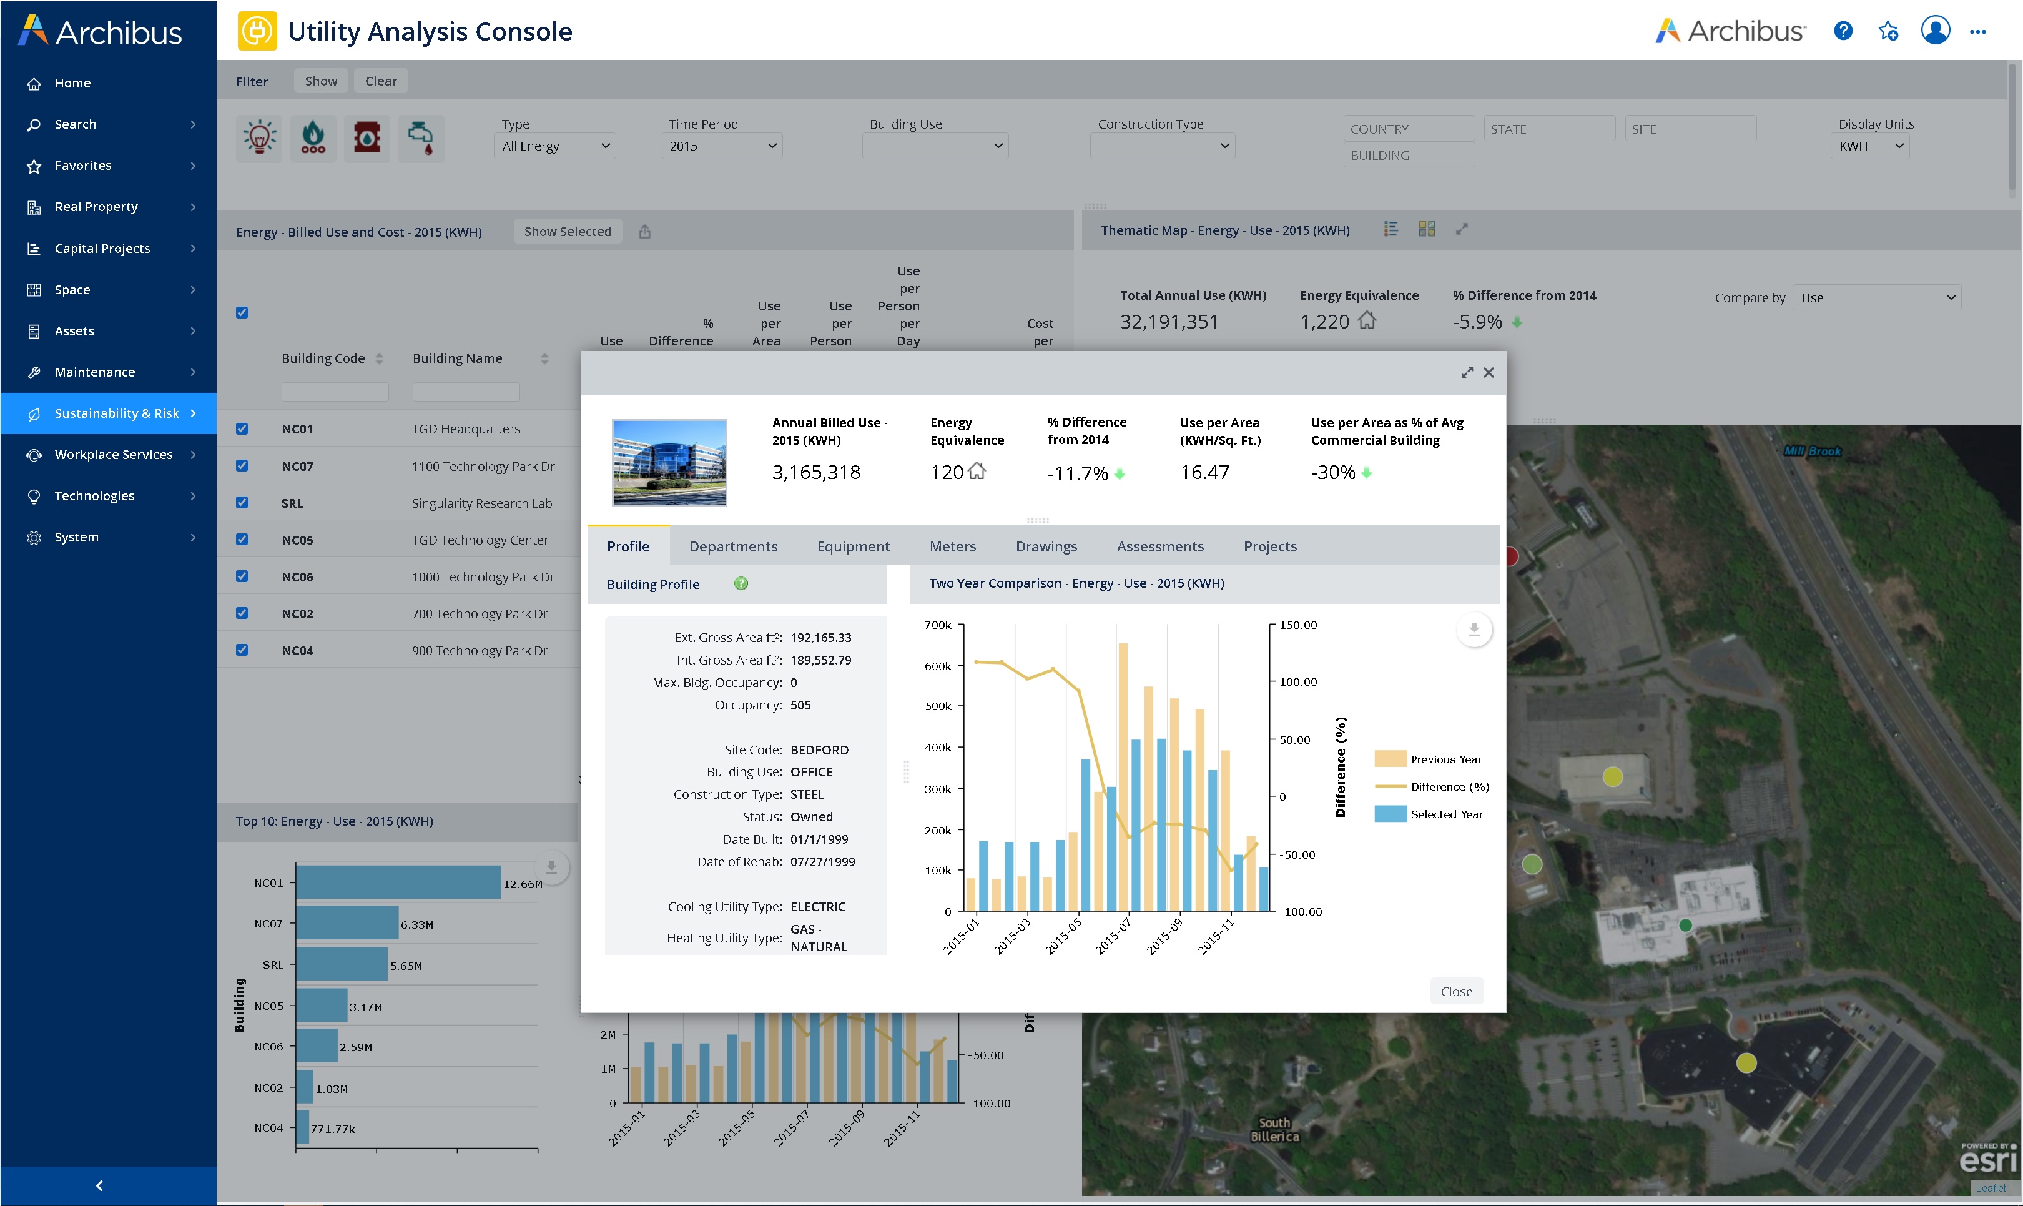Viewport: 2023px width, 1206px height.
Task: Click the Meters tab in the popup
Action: [952, 546]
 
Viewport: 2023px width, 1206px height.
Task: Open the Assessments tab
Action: [1159, 546]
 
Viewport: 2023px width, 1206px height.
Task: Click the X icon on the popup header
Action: [1489, 372]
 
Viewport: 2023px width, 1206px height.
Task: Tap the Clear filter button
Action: [380, 81]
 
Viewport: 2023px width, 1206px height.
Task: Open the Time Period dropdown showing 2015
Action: [721, 146]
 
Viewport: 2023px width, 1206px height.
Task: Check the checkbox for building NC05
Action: [241, 540]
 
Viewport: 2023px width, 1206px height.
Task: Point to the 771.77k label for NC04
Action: [332, 1129]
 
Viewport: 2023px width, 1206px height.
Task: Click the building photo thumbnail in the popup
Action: [669, 462]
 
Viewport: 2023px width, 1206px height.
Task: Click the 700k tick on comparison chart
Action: [938, 625]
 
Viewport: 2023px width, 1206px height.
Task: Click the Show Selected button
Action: [567, 232]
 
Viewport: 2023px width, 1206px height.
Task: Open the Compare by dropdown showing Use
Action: [1875, 297]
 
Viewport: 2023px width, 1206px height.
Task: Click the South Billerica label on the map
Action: [1274, 1129]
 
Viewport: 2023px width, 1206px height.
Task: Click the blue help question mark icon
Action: [1843, 31]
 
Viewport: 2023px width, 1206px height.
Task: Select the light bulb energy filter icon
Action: [259, 137]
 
